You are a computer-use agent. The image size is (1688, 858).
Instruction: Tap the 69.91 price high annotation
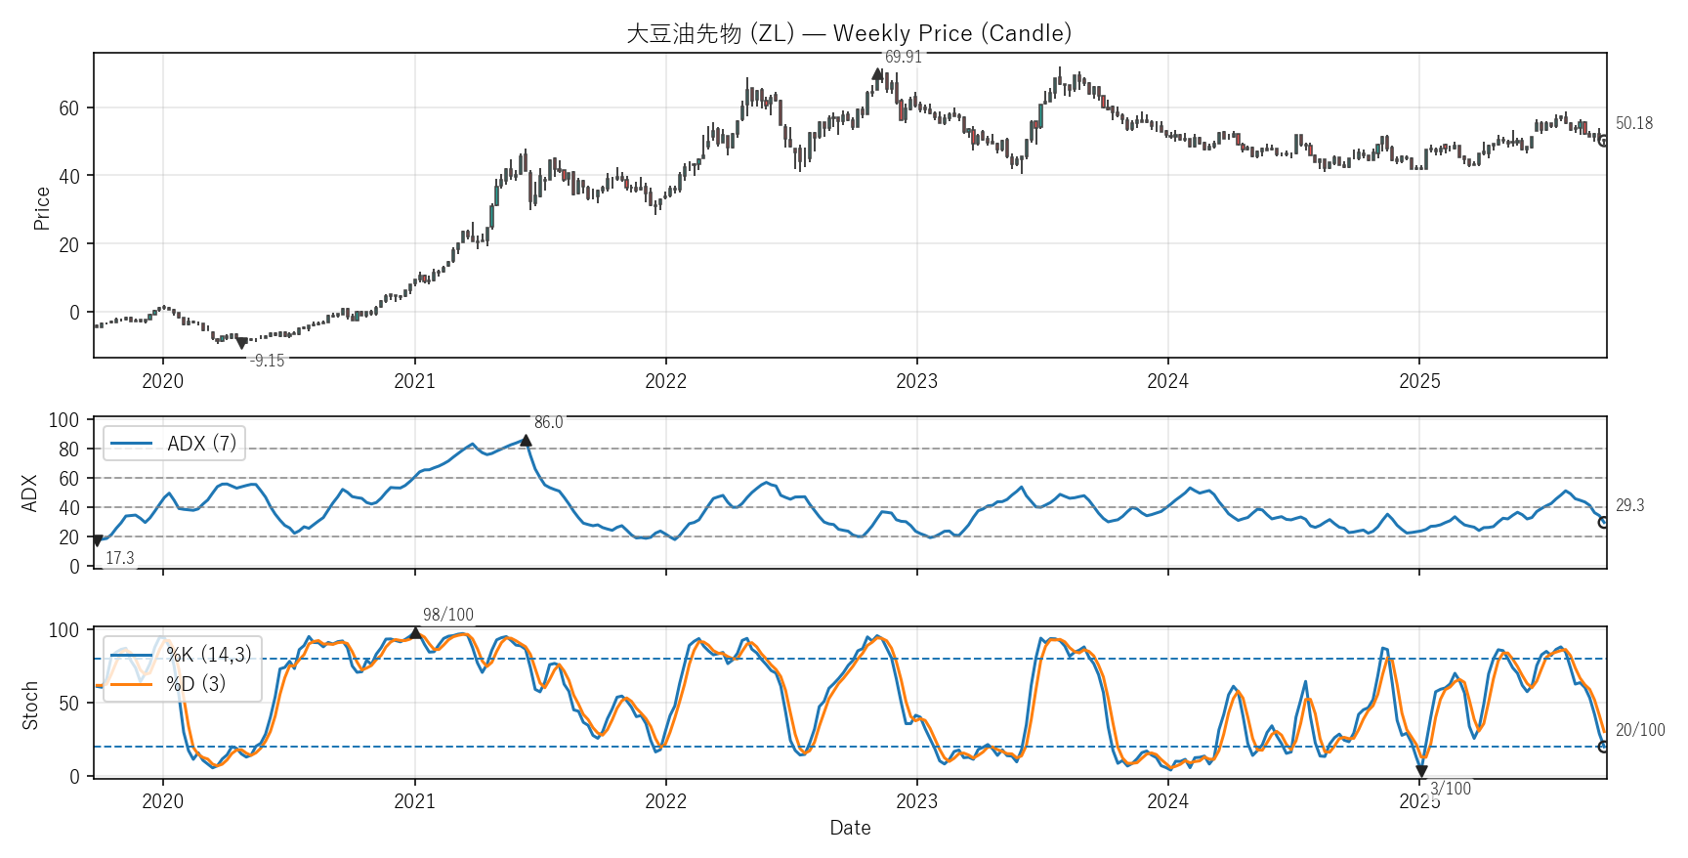tap(903, 57)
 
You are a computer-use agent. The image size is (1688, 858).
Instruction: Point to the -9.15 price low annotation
tap(267, 361)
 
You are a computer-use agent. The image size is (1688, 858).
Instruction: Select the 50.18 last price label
tap(1634, 123)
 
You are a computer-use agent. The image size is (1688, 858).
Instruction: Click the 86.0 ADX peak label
tap(548, 422)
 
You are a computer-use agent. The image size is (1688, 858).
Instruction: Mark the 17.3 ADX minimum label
tap(119, 558)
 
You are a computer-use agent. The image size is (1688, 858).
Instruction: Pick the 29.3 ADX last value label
tap(1629, 505)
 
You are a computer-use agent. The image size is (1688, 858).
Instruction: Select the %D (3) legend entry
tap(195, 684)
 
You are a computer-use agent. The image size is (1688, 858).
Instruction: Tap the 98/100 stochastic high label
tap(448, 615)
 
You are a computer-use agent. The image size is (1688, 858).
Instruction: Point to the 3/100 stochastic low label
tap(1451, 789)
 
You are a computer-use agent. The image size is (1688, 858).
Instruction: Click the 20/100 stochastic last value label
tap(1640, 730)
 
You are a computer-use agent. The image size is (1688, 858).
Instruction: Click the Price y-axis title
tap(42, 208)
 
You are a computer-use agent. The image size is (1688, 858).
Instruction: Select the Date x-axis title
tap(850, 828)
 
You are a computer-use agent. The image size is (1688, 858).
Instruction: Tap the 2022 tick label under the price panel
tap(665, 381)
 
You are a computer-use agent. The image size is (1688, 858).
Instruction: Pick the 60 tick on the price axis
tap(68, 108)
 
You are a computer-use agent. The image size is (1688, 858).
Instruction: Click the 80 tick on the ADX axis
tap(68, 450)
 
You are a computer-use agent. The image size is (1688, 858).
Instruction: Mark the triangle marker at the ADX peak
tap(526, 441)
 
